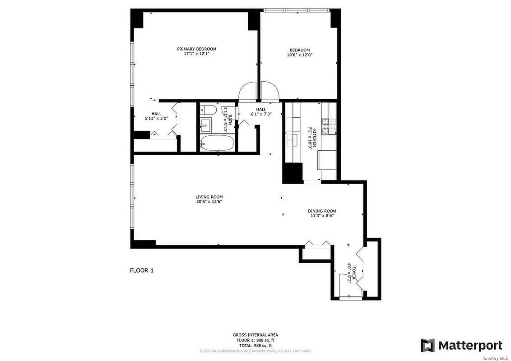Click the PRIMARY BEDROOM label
[x=196, y=49]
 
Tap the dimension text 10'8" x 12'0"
[x=299, y=55]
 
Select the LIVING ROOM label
[x=209, y=197]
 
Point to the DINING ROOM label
[x=322, y=211]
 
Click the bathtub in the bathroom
[x=217, y=143]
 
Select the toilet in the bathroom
[x=208, y=109]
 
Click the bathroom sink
[x=206, y=123]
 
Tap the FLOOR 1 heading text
[x=142, y=271]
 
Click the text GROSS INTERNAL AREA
[x=255, y=335]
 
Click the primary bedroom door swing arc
[x=247, y=91]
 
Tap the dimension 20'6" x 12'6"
[x=209, y=202]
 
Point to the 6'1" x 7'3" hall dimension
[x=261, y=115]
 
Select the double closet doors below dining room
[x=317, y=244]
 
